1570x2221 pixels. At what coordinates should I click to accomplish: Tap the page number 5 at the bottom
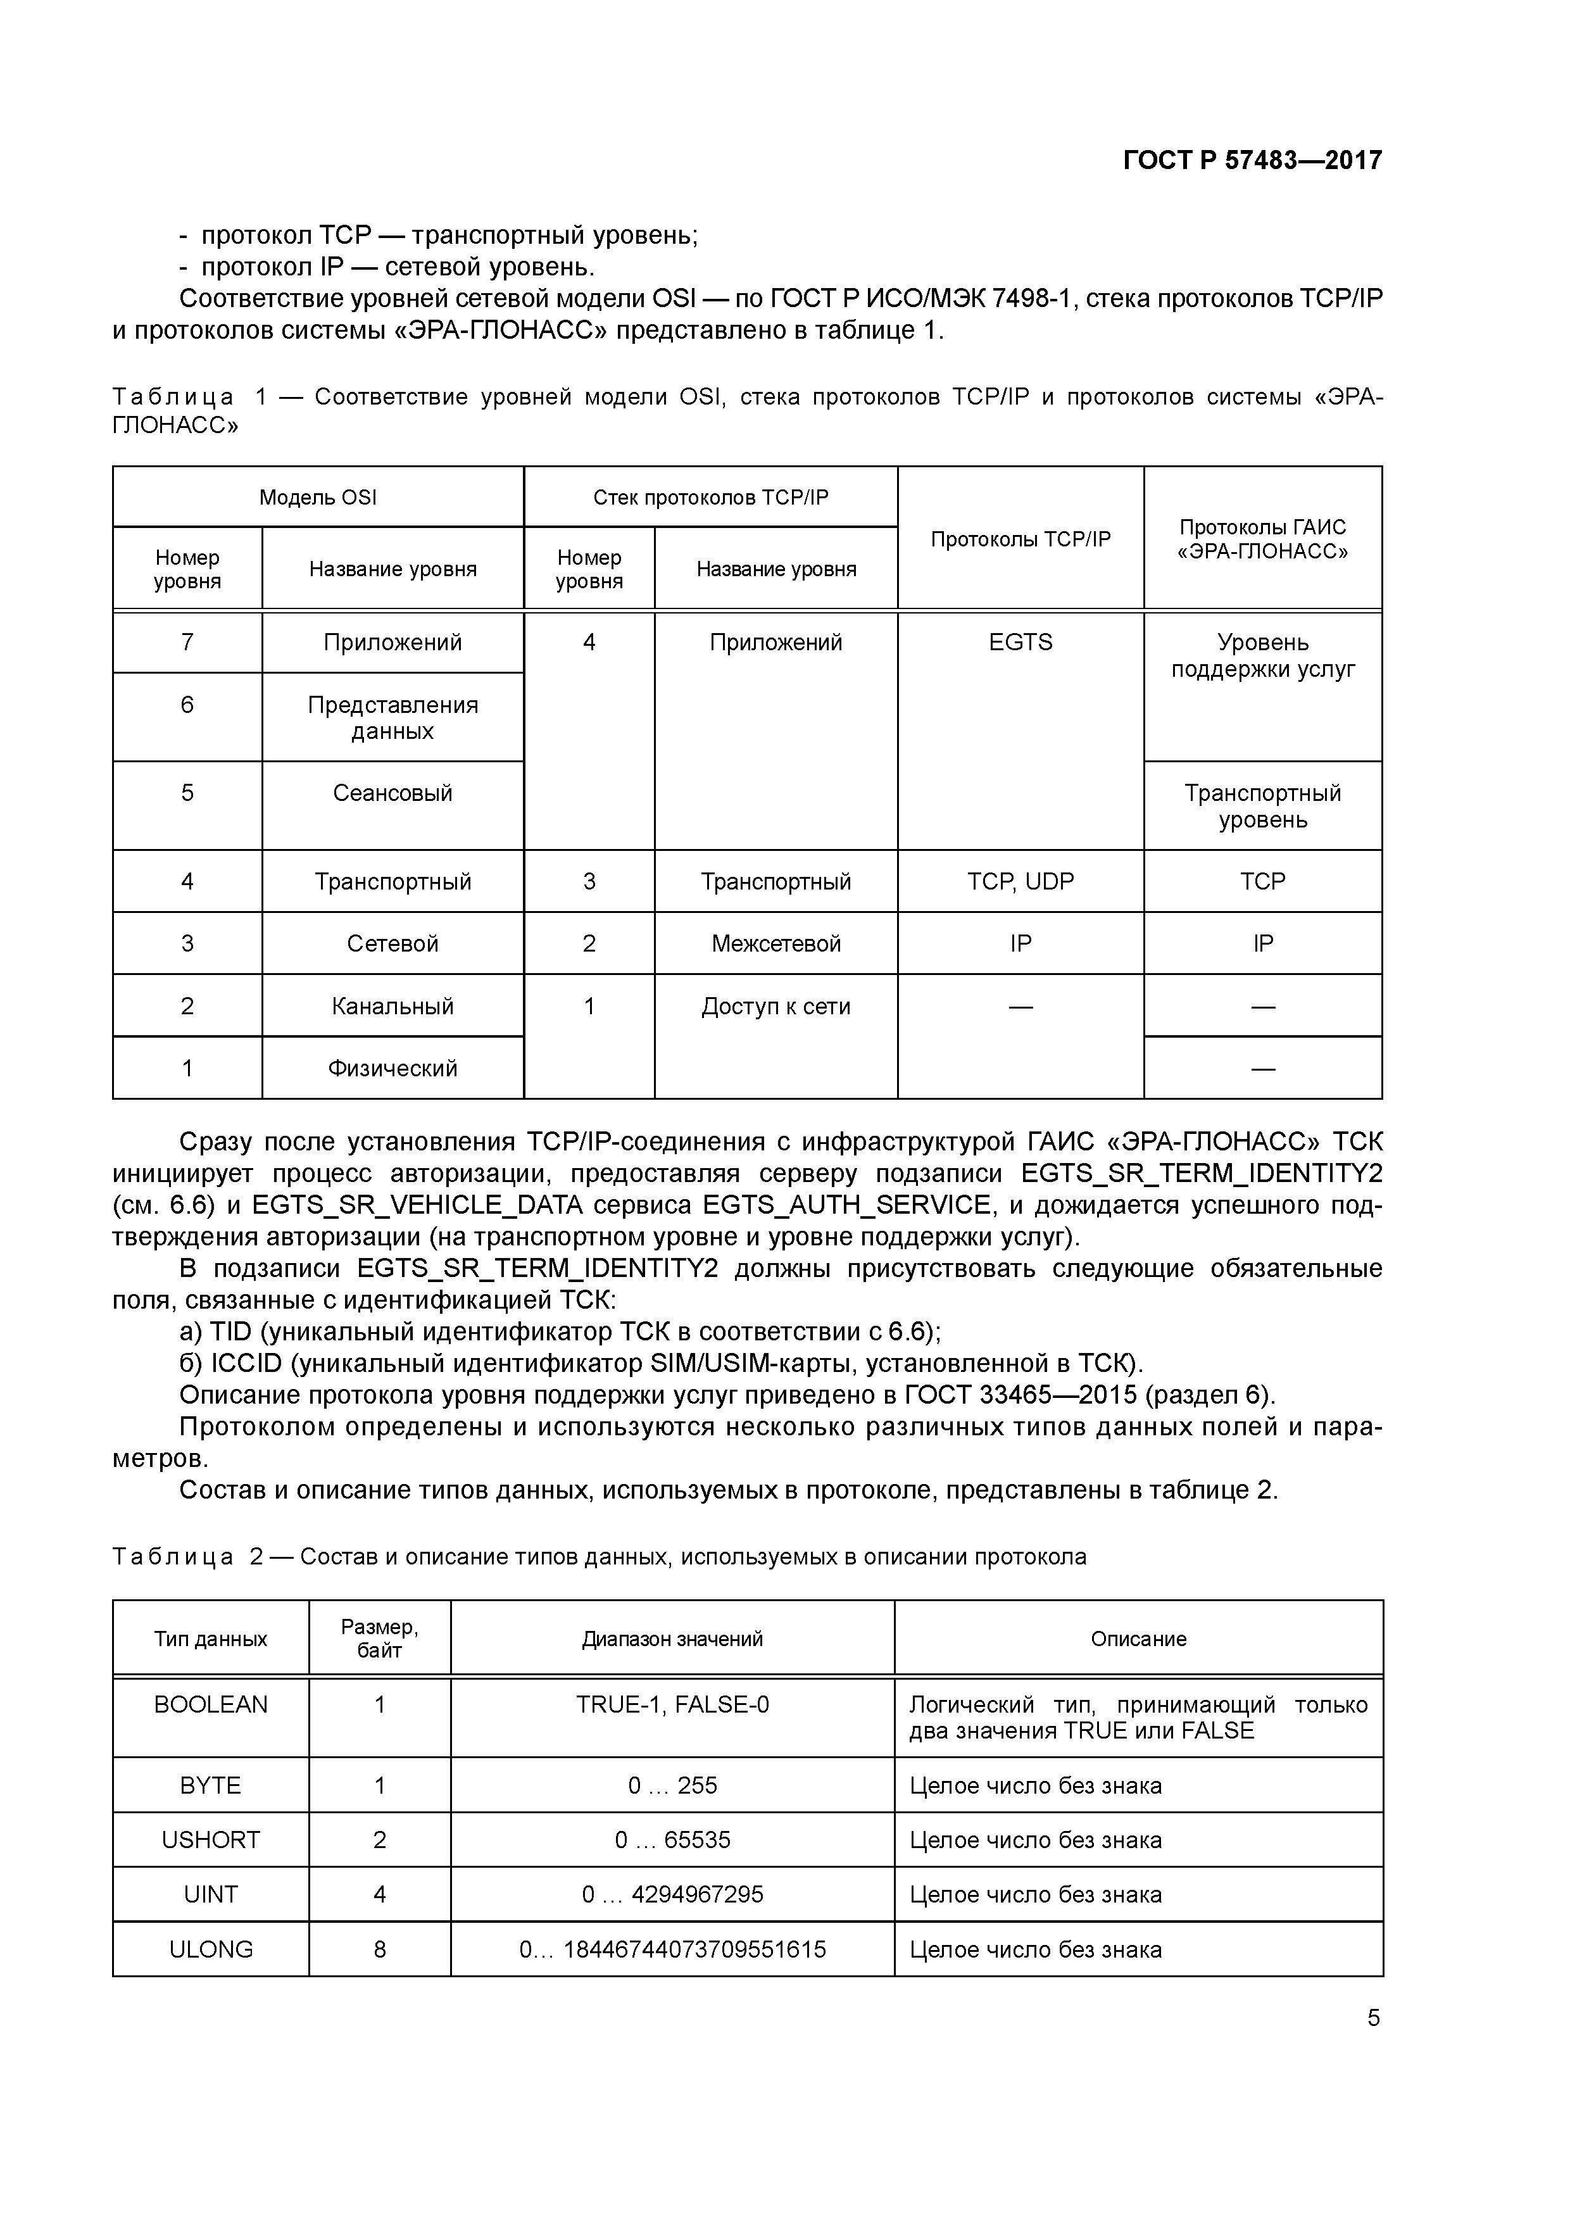pos(1372,2018)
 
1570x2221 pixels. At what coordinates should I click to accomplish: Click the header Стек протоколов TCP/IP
pos(710,497)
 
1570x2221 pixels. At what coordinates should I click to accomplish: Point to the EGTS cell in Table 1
pos(1020,643)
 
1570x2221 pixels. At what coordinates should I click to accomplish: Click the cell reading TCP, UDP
pos(1020,881)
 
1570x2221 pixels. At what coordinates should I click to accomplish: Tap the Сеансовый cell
pos(392,793)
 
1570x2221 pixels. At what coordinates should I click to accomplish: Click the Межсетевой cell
pos(776,943)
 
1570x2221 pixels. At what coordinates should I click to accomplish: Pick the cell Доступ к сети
pos(776,1006)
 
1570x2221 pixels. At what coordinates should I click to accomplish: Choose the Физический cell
pos(392,1068)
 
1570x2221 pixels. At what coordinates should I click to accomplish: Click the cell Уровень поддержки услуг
pos(1262,656)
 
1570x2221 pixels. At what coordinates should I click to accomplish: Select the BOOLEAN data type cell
pos(210,1704)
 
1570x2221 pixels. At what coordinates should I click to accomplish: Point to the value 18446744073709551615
pos(694,1949)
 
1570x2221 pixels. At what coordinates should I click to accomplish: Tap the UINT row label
pos(210,1894)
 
